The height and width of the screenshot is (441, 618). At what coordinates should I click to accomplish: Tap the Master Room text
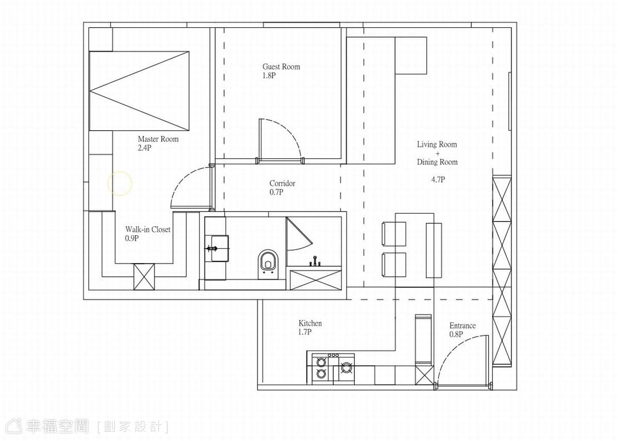tap(158, 139)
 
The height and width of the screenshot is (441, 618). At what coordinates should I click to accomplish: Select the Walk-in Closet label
tap(148, 230)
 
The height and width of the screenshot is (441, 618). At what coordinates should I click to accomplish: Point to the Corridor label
tap(282, 183)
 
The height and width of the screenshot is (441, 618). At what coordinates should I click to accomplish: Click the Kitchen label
tap(310, 323)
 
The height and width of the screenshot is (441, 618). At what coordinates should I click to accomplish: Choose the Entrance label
tap(462, 325)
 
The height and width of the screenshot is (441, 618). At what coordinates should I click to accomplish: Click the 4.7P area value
tap(438, 179)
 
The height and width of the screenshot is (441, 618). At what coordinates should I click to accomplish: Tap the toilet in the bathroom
tap(268, 264)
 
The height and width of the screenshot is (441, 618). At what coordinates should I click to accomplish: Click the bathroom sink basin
tap(219, 249)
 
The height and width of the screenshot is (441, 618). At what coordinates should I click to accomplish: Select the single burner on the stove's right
tap(346, 368)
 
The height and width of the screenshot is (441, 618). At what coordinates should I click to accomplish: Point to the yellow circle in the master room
tap(119, 184)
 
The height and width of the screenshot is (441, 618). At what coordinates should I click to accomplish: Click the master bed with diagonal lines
tap(139, 91)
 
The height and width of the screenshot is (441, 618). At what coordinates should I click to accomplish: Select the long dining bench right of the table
tap(434, 250)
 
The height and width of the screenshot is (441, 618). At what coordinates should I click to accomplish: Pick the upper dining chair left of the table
tap(393, 234)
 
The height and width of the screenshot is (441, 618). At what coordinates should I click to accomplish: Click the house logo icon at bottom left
tap(14, 427)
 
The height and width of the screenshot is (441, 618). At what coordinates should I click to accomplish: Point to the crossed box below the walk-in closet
tap(144, 277)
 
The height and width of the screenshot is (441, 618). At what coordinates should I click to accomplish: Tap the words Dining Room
tap(437, 162)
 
